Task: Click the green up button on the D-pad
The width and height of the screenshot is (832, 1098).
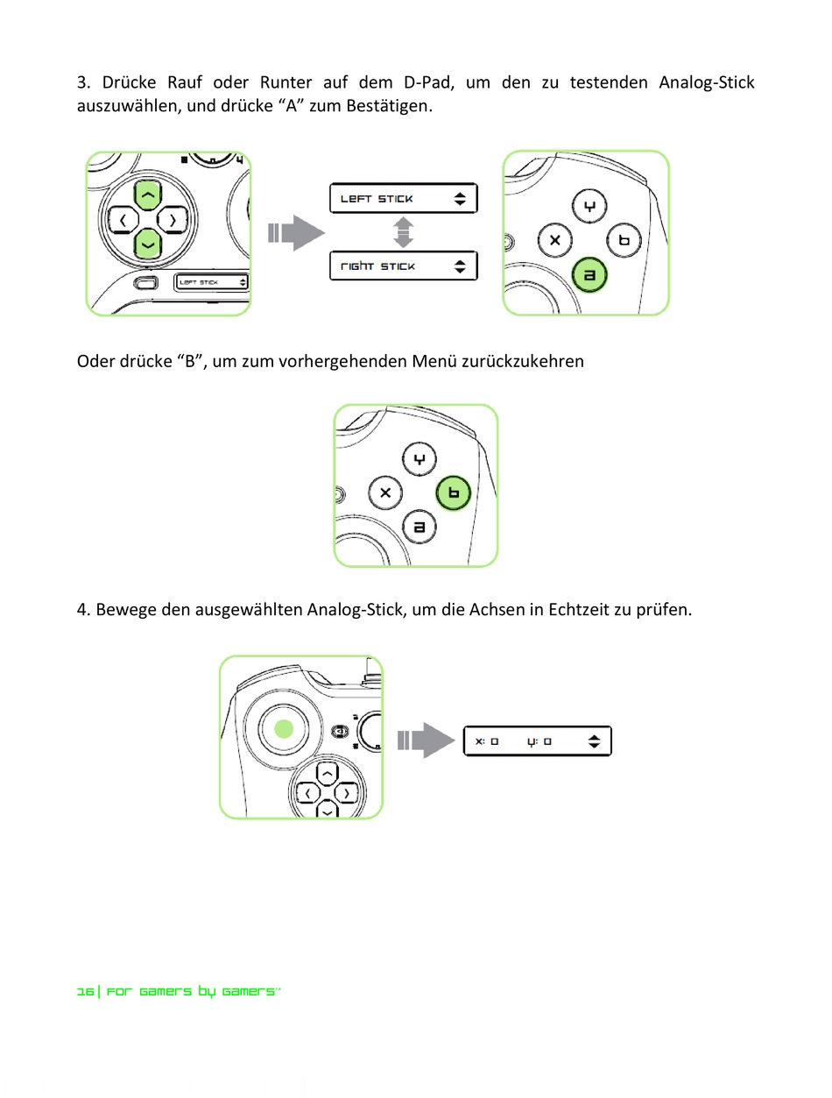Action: [x=148, y=195]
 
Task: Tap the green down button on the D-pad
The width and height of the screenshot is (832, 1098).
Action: [x=148, y=244]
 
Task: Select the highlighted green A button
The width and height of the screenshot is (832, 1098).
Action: [x=589, y=274]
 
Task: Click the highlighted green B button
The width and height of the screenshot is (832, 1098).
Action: [x=454, y=493]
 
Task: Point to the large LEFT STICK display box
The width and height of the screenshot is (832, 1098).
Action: [x=403, y=199]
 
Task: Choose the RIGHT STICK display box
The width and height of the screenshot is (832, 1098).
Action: [x=403, y=266]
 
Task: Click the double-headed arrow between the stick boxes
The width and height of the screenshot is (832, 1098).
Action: [x=403, y=232]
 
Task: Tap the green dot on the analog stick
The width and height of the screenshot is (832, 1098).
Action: [x=284, y=729]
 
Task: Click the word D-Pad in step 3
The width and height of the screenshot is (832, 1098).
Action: [x=429, y=82]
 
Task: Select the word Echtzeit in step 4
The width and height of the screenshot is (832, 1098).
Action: [x=579, y=609]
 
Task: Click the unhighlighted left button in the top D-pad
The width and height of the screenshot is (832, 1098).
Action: [x=123, y=220]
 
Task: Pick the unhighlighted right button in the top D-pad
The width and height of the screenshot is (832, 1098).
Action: [x=173, y=220]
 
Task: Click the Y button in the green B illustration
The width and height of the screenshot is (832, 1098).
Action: [x=420, y=459]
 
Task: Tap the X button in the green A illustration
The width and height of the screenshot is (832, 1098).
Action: [x=554, y=241]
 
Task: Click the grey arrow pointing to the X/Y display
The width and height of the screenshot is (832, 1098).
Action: [x=426, y=740]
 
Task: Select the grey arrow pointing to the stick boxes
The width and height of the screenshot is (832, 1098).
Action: [x=296, y=232]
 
